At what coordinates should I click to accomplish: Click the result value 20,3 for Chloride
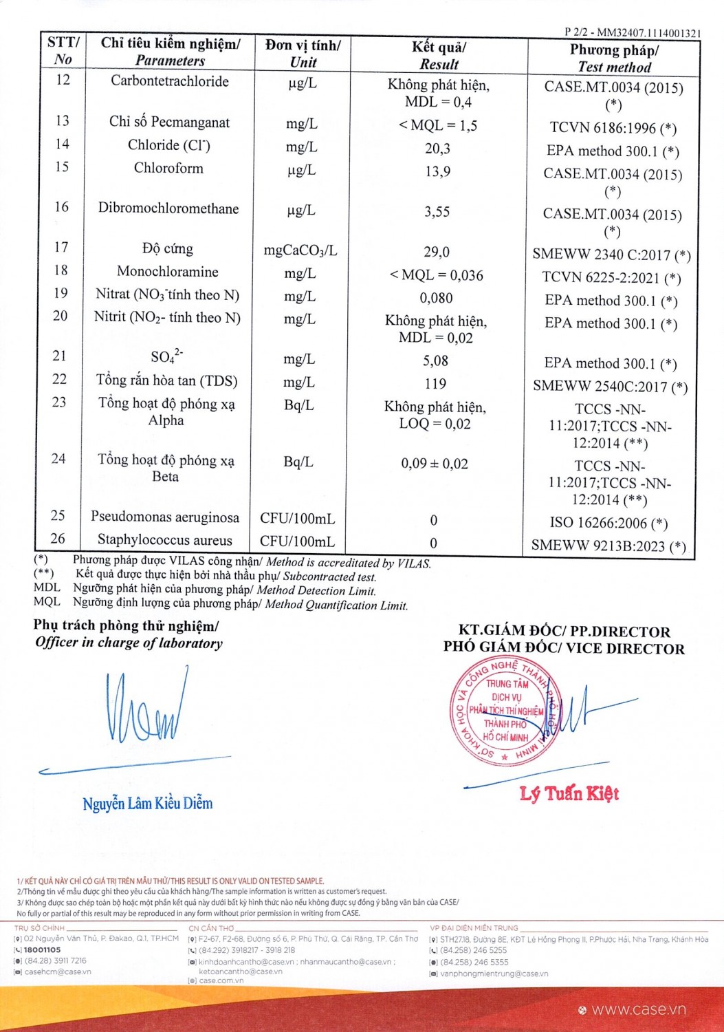tap(437, 149)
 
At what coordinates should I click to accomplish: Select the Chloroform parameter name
tap(168, 168)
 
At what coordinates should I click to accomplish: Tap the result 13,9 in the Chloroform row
tap(437, 171)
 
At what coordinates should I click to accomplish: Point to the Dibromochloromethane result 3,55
tap(437, 212)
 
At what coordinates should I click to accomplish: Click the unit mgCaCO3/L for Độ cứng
tap(300, 250)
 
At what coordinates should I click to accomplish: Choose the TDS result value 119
tap(435, 384)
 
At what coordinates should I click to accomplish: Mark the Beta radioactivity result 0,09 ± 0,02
tap(435, 464)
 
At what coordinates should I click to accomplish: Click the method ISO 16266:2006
tap(608, 523)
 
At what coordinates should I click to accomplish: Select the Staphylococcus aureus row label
tap(165, 540)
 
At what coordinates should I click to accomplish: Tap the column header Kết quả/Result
tap(439, 55)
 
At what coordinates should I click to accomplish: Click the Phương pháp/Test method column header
tap(614, 58)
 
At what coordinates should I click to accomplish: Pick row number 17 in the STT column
tap(61, 247)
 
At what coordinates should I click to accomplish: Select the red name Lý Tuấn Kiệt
tap(569, 794)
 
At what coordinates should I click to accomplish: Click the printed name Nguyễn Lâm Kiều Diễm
tap(148, 804)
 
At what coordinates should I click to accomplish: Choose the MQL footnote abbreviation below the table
tap(47, 602)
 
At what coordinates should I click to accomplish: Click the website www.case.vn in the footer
tap(639, 1009)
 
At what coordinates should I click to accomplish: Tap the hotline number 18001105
tap(42, 949)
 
